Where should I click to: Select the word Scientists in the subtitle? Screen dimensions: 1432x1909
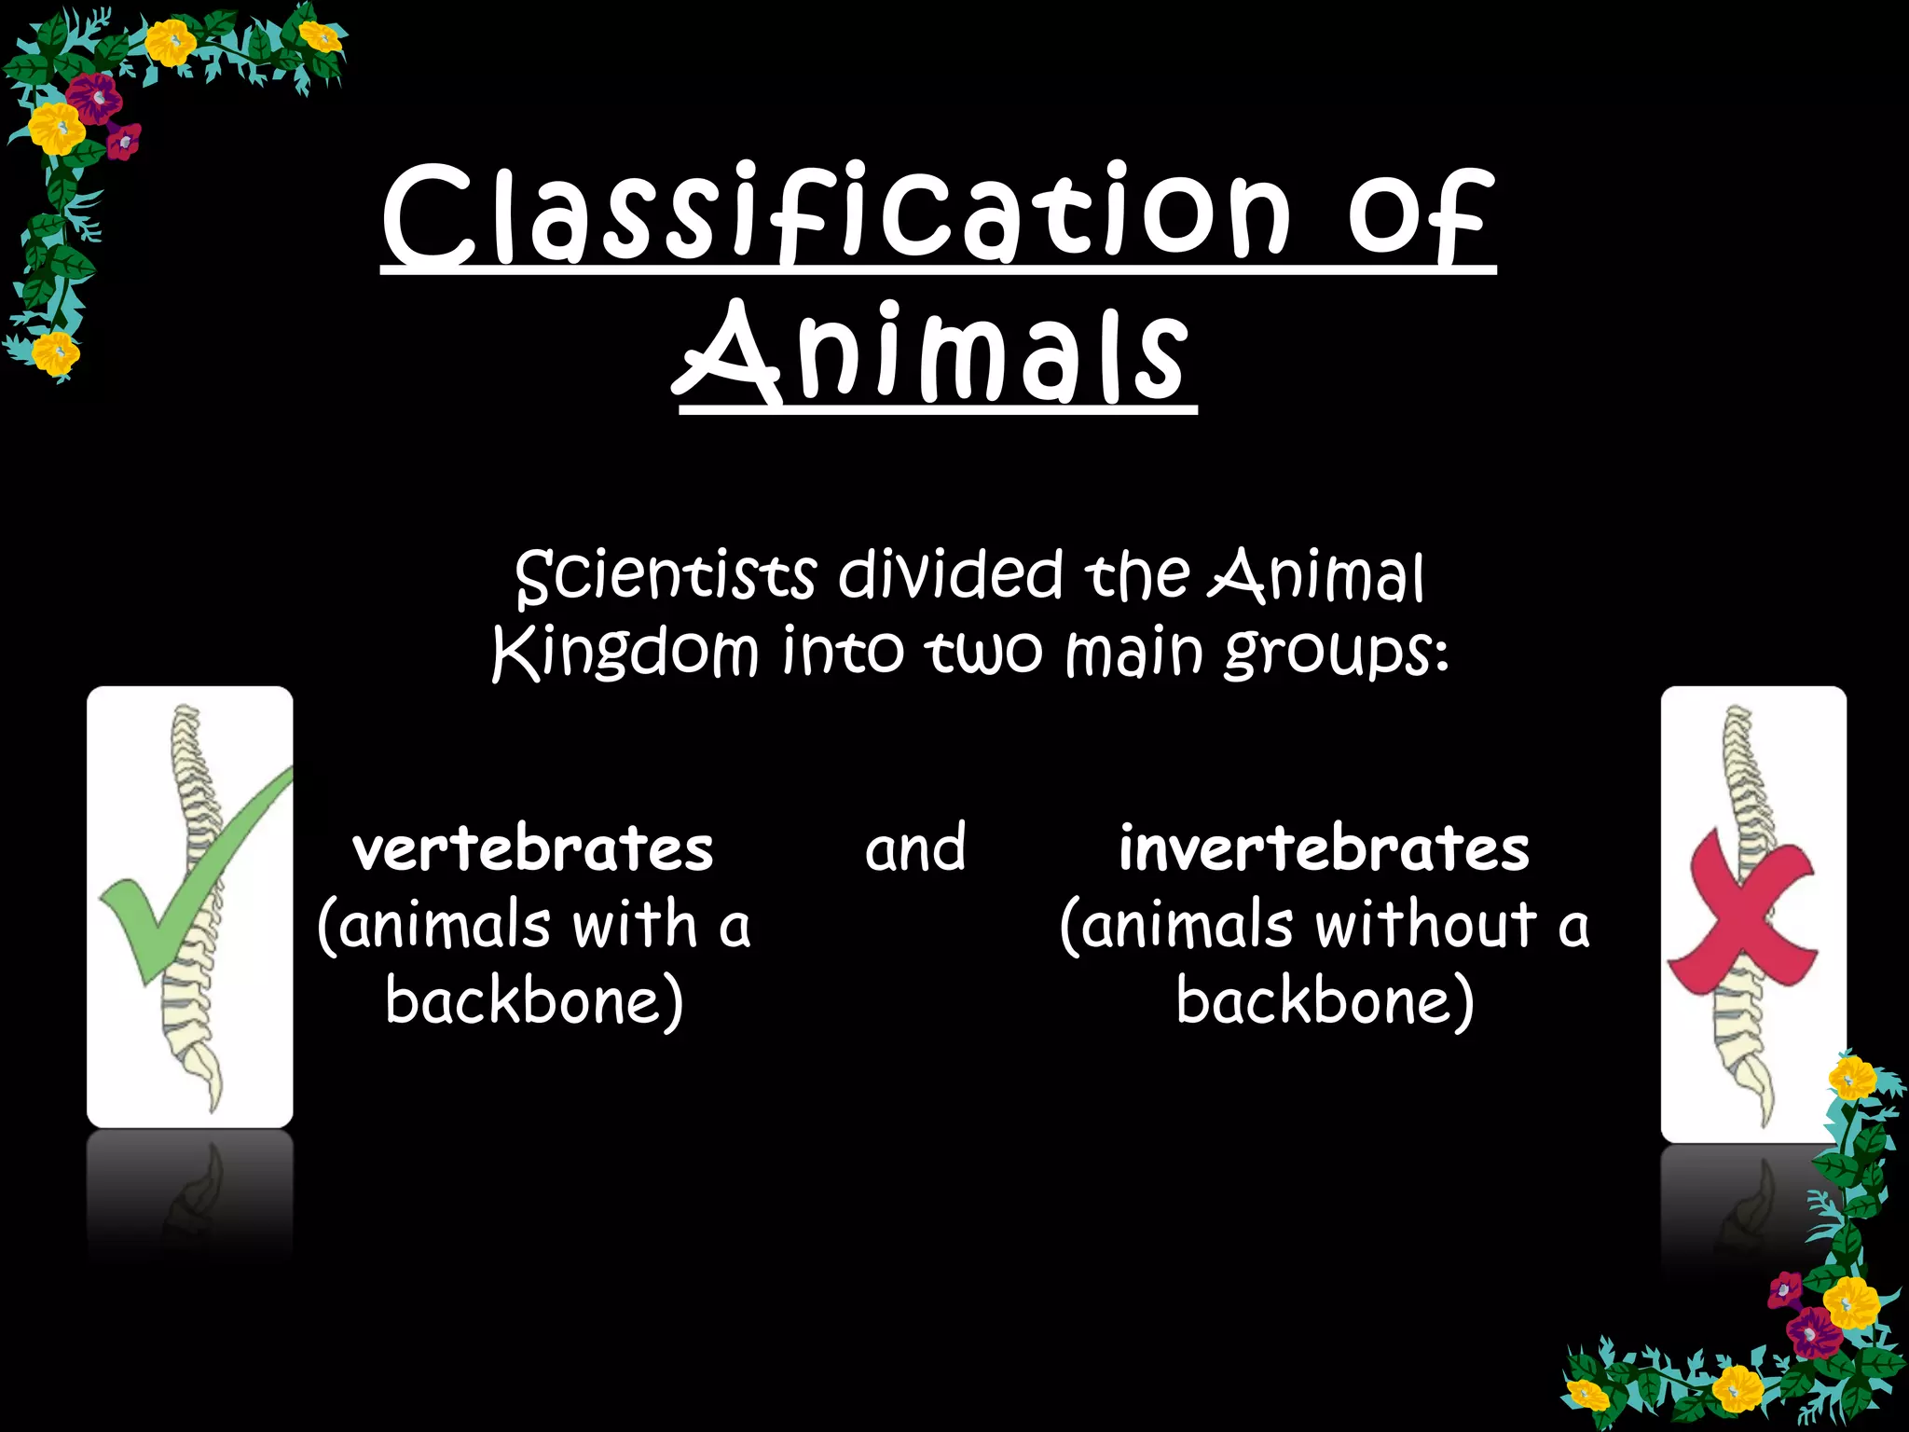[x=666, y=575]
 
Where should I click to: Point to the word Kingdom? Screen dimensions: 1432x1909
[x=625, y=652]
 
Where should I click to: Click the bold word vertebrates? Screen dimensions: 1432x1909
[x=533, y=850]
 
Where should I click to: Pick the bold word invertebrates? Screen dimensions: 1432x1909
[x=1324, y=850]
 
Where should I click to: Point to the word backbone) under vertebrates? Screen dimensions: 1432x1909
[x=534, y=1001]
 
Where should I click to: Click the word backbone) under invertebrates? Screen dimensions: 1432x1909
[x=1325, y=1001]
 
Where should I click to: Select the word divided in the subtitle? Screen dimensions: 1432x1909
[x=950, y=575]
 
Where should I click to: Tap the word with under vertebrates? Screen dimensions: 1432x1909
[x=634, y=926]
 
